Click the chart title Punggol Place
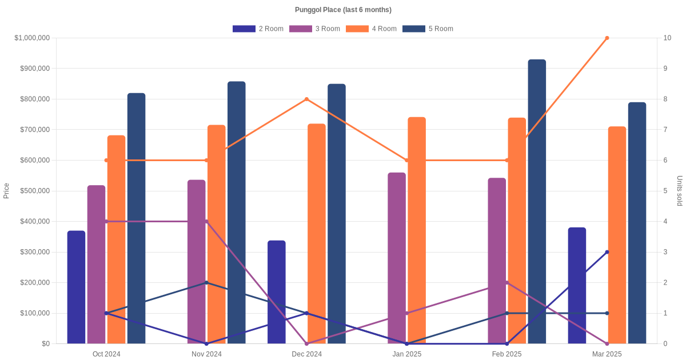(x=343, y=10)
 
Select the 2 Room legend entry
(x=258, y=29)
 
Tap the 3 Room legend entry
(x=314, y=29)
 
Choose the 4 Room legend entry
(x=371, y=29)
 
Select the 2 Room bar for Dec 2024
(x=277, y=292)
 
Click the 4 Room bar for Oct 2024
(x=116, y=239)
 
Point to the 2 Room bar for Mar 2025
(x=577, y=286)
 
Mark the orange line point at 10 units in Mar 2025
(x=607, y=38)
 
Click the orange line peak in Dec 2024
(x=307, y=99)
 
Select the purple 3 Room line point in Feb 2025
(x=507, y=283)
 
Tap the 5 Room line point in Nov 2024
(x=206, y=283)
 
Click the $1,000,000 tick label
(x=32, y=38)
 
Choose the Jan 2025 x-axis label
(x=407, y=354)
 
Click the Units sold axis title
(x=680, y=191)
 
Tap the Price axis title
(x=6, y=191)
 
